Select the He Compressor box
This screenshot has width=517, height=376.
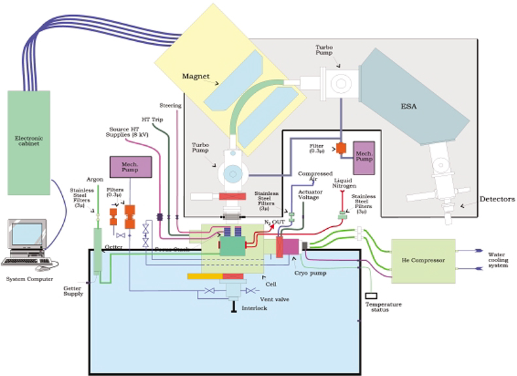[422, 260]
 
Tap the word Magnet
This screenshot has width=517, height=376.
[196, 77]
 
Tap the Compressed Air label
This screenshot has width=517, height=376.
[312, 177]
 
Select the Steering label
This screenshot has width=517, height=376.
[170, 105]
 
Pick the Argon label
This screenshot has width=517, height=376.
[95, 178]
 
